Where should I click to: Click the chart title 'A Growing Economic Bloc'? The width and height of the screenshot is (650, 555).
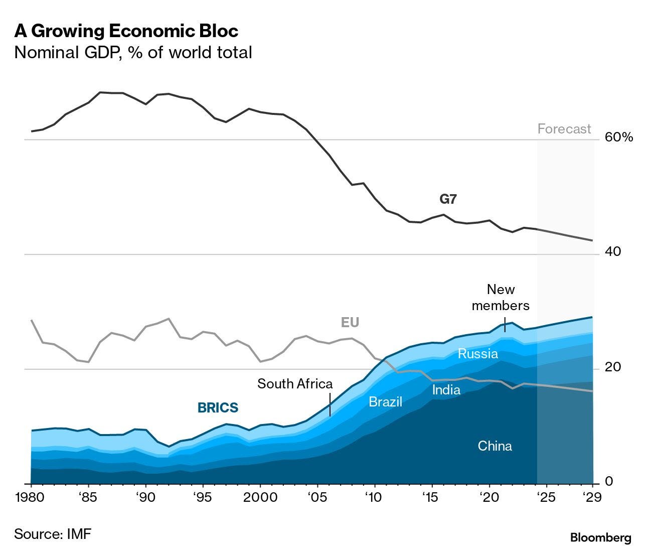pos(126,31)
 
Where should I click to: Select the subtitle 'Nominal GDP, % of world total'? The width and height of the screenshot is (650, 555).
pos(133,52)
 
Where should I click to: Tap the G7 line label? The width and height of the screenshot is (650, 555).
pos(448,199)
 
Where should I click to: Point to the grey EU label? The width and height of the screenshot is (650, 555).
pos(350,322)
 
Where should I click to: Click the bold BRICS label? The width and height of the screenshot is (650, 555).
pos(218,407)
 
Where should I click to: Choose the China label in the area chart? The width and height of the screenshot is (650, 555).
pos(495,446)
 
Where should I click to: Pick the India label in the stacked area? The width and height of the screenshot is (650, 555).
pos(446,389)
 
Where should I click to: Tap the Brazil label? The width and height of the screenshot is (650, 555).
pos(385,401)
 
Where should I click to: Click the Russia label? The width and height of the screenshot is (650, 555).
pos(477,354)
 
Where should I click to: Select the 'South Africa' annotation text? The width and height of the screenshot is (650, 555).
pos(295,384)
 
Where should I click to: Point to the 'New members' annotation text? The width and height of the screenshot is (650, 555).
pos(501,297)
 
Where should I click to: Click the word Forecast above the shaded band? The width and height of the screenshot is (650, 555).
pos(564,129)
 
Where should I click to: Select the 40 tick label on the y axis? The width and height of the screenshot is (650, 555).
pos(613,251)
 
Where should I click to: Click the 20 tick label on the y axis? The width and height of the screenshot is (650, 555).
pos(613,367)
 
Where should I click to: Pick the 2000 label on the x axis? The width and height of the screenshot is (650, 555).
pos(260,497)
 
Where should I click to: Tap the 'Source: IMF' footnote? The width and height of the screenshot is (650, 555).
pos(53,533)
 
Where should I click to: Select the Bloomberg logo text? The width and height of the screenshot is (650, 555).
pos(600,538)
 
